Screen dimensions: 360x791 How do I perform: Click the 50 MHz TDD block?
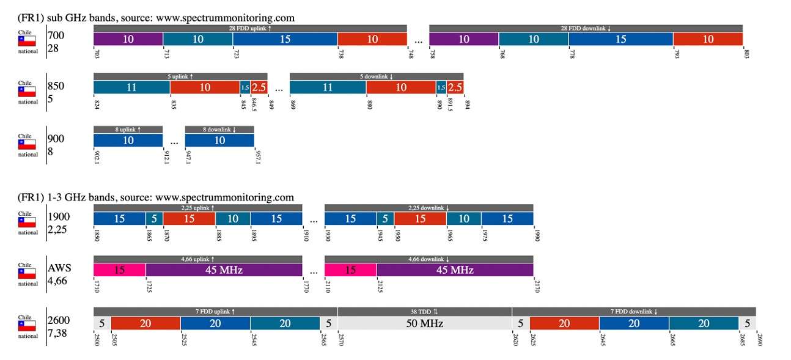click(x=424, y=323)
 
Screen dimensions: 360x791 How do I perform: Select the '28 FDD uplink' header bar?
click(x=250, y=28)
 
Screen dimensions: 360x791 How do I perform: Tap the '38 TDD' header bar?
click(x=424, y=311)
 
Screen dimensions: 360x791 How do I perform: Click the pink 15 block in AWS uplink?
click(x=119, y=270)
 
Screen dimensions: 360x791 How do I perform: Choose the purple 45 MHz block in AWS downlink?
click(x=455, y=270)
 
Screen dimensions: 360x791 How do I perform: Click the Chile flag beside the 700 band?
click(x=27, y=41)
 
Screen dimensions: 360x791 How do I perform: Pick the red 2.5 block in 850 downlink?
click(x=455, y=87)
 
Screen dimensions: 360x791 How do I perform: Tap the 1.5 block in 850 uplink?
click(x=245, y=87)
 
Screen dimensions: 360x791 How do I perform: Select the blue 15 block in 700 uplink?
click(x=285, y=39)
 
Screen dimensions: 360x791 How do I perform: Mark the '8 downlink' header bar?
click(x=219, y=130)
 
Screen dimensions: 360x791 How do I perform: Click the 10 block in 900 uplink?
click(x=128, y=141)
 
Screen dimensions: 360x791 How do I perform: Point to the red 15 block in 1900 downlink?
click(x=420, y=218)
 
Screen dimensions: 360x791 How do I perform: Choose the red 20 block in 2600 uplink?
click(x=145, y=323)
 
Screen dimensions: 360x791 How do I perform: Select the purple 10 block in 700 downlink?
click(x=464, y=39)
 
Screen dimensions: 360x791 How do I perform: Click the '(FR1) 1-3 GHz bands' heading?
click(x=156, y=197)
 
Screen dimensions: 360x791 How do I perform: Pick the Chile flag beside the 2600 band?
click(x=27, y=326)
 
